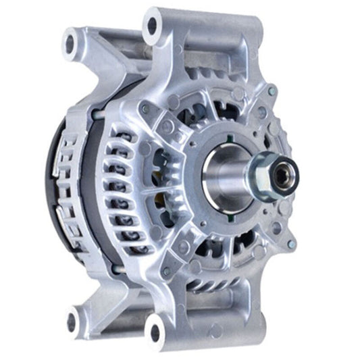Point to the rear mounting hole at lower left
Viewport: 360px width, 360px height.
(x=74, y=315)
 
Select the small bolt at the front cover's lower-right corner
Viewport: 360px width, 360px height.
(x=290, y=243)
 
